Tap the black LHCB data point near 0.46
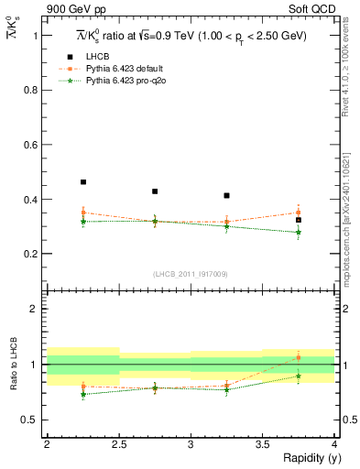click(83, 182)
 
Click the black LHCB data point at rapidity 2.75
click(155, 191)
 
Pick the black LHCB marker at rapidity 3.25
click(226, 195)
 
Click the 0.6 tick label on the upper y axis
click(32, 145)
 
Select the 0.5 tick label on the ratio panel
click(32, 420)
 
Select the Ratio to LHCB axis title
click(11, 365)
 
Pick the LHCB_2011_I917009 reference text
click(191, 274)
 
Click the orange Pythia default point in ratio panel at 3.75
click(298, 357)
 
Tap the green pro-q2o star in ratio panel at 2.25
click(83, 394)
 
